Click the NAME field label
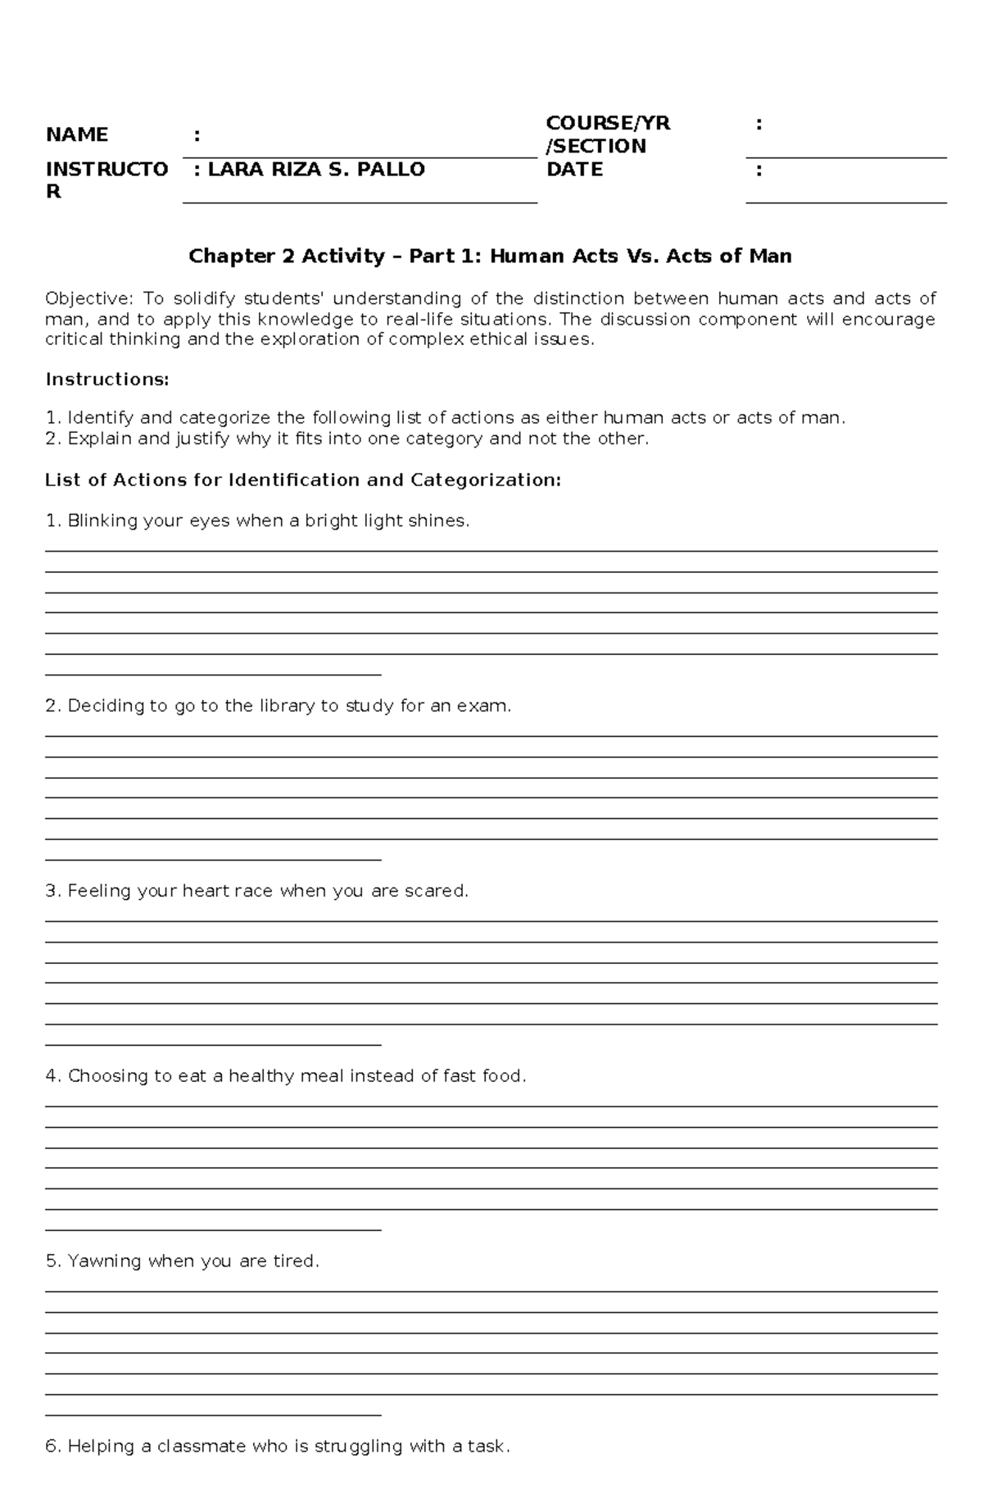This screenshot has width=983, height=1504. point(77,134)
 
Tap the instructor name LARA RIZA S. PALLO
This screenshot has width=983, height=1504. point(315,170)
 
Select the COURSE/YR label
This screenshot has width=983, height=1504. point(608,123)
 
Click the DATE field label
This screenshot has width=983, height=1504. point(574,170)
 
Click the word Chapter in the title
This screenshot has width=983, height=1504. point(231,257)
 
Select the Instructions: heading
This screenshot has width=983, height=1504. point(107,379)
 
